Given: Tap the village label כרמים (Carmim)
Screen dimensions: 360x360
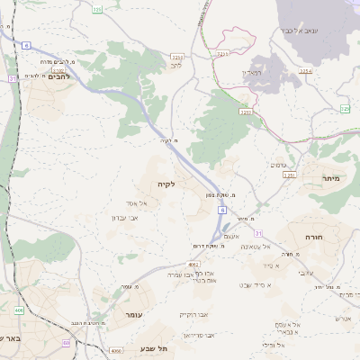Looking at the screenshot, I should pos(280,165).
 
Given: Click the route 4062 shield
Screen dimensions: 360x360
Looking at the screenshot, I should pos(193,265).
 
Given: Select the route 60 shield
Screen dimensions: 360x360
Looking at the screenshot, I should pos(67,343).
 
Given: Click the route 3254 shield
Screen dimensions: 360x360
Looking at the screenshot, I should pos(306,70).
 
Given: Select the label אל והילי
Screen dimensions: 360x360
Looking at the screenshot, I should pos(271,345).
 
